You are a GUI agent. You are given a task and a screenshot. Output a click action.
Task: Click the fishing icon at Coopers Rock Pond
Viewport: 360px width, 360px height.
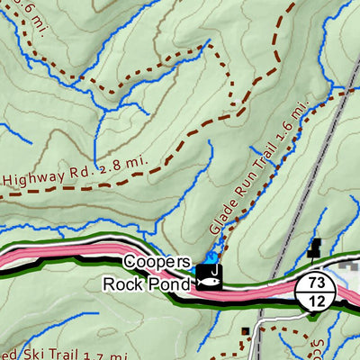click(209, 280)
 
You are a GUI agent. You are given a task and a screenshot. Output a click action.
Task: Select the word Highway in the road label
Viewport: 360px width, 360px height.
click(35, 176)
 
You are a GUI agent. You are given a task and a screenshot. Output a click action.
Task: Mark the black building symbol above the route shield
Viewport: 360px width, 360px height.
click(315, 247)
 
